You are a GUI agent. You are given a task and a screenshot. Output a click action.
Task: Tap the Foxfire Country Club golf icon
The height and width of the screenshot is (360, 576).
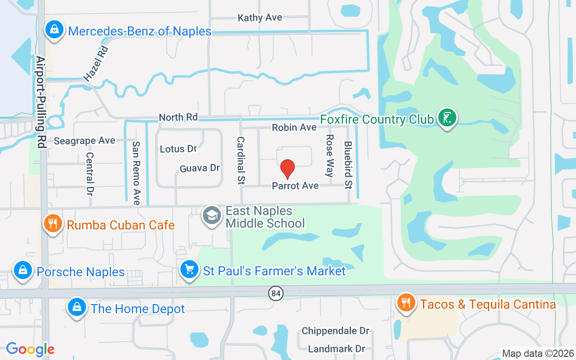click(x=447, y=118)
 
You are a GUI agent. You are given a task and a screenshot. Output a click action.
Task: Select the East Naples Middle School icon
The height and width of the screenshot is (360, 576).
click(x=212, y=215)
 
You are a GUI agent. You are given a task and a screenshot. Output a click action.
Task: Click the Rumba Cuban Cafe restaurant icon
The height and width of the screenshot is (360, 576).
click(x=53, y=223)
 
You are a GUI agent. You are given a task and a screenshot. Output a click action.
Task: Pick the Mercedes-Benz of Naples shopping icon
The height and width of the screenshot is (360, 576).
click(x=54, y=30)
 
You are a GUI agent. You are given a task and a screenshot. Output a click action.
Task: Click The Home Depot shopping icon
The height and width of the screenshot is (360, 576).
click(x=76, y=307)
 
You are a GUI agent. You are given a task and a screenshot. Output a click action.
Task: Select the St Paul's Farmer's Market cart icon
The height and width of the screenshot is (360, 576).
click(x=189, y=270)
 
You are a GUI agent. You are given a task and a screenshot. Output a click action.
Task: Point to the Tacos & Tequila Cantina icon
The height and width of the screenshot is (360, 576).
click(x=406, y=303)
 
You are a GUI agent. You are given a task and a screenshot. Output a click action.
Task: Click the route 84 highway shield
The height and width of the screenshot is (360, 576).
click(x=276, y=294)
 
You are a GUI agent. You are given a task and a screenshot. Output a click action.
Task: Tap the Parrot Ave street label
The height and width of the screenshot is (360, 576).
click(x=295, y=186)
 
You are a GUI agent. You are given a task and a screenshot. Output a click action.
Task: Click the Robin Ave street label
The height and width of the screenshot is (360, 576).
click(x=294, y=128)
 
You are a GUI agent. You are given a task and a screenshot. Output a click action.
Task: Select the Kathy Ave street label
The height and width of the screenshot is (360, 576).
click(x=260, y=18)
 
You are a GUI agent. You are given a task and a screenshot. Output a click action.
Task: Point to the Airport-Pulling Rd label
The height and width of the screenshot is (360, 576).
click(x=41, y=103)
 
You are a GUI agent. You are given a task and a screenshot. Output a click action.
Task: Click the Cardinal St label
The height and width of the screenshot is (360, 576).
click(x=241, y=161)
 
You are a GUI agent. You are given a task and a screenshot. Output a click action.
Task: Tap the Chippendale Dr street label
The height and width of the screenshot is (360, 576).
click(x=335, y=331)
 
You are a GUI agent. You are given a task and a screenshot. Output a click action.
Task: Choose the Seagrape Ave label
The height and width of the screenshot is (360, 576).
click(x=85, y=141)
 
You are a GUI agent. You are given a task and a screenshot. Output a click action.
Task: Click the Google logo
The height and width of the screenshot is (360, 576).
click(x=30, y=349)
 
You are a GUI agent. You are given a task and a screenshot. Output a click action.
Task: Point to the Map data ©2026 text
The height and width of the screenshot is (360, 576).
click(x=538, y=353)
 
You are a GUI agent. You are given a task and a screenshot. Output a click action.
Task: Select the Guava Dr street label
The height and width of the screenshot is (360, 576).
click(x=199, y=168)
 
